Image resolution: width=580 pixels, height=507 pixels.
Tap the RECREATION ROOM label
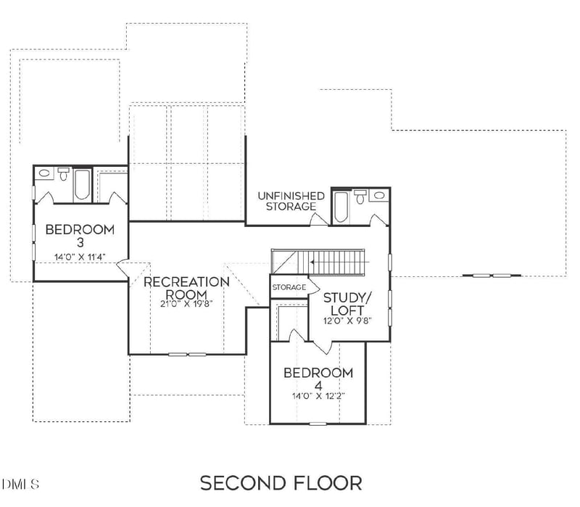click(x=186, y=287)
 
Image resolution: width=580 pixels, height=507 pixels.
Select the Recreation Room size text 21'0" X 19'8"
click(x=186, y=304)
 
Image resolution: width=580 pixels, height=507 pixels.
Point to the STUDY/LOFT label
click(x=347, y=304)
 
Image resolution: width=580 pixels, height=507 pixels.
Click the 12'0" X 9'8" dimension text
click(x=347, y=320)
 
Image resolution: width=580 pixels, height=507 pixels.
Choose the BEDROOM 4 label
click(x=318, y=379)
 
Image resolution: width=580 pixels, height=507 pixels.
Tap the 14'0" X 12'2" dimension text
click(x=318, y=397)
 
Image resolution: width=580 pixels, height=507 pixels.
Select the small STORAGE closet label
click(x=289, y=288)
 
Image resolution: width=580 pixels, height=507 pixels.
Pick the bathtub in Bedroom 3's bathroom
click(x=81, y=184)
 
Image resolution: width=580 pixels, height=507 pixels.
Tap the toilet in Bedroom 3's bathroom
click(x=63, y=175)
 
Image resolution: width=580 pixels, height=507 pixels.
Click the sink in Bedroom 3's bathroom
click(x=45, y=174)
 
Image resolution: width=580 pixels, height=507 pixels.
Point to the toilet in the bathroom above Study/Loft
click(x=360, y=197)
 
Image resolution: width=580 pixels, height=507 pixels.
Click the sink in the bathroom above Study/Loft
click(x=378, y=196)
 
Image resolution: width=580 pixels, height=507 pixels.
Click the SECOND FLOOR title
click(x=281, y=482)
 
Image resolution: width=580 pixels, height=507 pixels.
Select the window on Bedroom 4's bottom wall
click(x=318, y=423)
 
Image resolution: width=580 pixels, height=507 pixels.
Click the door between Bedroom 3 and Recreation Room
click(x=124, y=266)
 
